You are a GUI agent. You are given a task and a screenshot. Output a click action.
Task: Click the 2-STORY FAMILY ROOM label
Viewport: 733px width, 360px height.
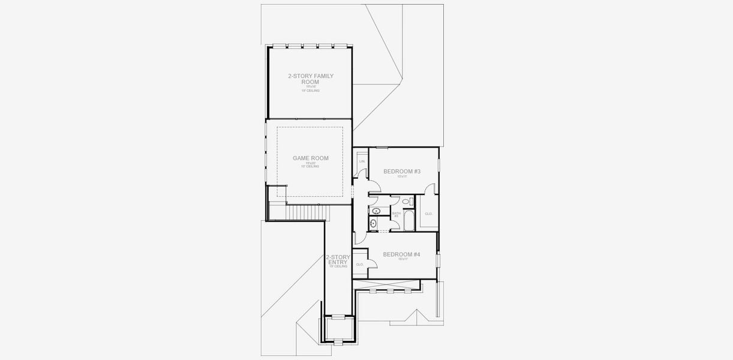310,79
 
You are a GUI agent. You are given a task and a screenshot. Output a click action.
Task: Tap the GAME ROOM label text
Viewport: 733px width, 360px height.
310,158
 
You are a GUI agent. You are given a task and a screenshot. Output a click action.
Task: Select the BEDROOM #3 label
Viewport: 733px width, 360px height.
402,171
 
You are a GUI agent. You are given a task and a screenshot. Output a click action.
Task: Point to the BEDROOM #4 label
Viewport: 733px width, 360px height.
401,254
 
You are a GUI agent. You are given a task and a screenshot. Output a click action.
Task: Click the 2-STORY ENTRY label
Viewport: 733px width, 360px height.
338,259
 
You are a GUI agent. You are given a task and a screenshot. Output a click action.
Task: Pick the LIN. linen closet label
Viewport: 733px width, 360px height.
362,161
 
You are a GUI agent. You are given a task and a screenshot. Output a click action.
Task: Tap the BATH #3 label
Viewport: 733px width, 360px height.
396,214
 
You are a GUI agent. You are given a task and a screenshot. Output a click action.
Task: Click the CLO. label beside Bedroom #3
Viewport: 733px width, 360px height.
428,214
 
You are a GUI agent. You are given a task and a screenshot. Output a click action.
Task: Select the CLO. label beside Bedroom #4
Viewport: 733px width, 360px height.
360,264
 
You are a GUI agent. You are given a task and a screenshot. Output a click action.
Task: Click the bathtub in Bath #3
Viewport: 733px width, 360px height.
408,220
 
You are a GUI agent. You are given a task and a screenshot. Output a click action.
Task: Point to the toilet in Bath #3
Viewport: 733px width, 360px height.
405,201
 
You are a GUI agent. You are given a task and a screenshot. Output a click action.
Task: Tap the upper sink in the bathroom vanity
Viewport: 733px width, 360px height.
376,211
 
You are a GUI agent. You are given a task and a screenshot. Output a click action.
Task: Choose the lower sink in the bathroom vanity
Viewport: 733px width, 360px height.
374,224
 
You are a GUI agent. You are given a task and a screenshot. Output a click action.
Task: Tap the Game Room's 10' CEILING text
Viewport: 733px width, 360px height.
310,166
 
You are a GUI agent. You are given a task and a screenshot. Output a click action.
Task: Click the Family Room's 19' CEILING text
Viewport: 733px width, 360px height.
310,91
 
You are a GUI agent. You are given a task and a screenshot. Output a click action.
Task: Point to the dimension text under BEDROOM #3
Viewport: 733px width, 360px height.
402,176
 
